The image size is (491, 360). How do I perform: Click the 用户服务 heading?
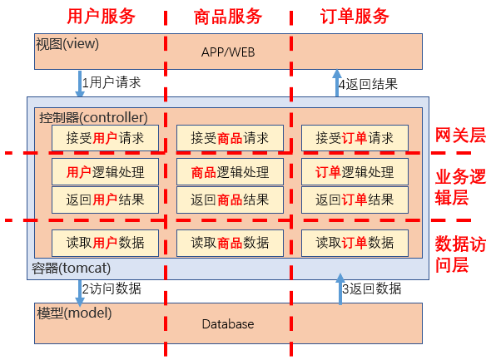pyautogui.click(x=102, y=17)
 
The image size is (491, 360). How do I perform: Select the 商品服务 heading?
pyautogui.click(x=228, y=17)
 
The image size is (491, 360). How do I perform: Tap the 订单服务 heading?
pyautogui.click(x=355, y=17)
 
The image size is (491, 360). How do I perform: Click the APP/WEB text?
pyautogui.click(x=228, y=52)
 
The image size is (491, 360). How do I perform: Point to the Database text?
pyautogui.click(x=228, y=324)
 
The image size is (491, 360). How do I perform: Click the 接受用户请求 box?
pyautogui.click(x=105, y=138)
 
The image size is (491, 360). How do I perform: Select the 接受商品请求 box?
pyautogui.click(x=230, y=138)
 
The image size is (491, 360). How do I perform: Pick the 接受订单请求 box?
pyautogui.click(x=355, y=138)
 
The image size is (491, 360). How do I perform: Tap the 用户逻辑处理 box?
pyautogui.click(x=105, y=172)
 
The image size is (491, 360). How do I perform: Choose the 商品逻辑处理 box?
pyautogui.click(x=230, y=172)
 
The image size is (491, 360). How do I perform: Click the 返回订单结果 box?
pyautogui.click(x=355, y=200)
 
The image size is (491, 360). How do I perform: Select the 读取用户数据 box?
pyautogui.click(x=105, y=243)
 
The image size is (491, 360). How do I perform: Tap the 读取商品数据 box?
pyautogui.click(x=230, y=243)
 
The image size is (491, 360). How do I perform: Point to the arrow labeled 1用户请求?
pyautogui.click(x=80, y=84)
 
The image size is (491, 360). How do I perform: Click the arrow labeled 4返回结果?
pyautogui.click(x=337, y=83)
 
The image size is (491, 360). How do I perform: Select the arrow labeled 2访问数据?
pyautogui.click(x=80, y=293)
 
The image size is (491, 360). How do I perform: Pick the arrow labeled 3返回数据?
pyautogui.click(x=340, y=288)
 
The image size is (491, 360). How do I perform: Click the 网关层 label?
pyautogui.click(x=460, y=136)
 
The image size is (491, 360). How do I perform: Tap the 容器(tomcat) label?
pyautogui.click(x=71, y=269)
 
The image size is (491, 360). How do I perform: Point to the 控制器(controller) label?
pyautogui.click(x=93, y=117)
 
